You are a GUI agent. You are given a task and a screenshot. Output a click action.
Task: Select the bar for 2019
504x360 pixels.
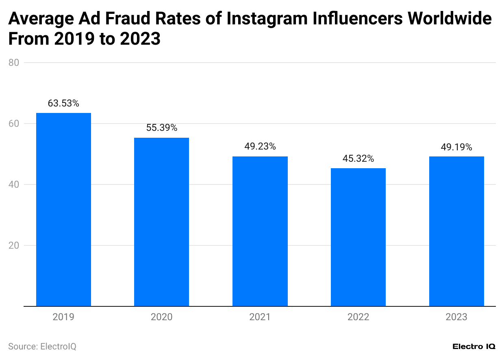pos(63,209)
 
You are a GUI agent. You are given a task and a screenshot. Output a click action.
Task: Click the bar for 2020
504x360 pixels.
pos(162,222)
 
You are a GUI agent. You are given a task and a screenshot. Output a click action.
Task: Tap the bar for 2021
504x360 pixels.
pos(260,231)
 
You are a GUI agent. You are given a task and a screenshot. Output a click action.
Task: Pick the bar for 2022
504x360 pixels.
pos(358,237)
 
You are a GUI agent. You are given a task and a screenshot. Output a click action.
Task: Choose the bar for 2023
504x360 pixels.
pos(456,231)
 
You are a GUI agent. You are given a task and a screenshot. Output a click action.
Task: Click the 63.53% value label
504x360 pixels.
pos(63,104)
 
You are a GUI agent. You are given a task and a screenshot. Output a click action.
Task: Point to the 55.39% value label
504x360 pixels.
pos(162,128)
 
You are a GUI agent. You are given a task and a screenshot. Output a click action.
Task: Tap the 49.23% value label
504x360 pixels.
pos(260,147)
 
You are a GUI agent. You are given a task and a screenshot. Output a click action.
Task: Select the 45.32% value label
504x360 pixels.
pos(358,158)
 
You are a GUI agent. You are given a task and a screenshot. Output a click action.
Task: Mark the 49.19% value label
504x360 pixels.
pos(456,147)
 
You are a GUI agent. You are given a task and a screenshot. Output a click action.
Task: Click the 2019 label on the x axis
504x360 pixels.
pos(63,317)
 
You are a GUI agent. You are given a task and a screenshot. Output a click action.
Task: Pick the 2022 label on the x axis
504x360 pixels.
pos(358,317)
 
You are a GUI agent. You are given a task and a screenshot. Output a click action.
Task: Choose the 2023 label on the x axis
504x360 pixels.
pos(456,317)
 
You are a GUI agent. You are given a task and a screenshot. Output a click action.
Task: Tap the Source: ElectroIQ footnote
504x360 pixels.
pos(42,347)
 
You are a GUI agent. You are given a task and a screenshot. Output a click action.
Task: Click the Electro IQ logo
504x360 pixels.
pos(474,347)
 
